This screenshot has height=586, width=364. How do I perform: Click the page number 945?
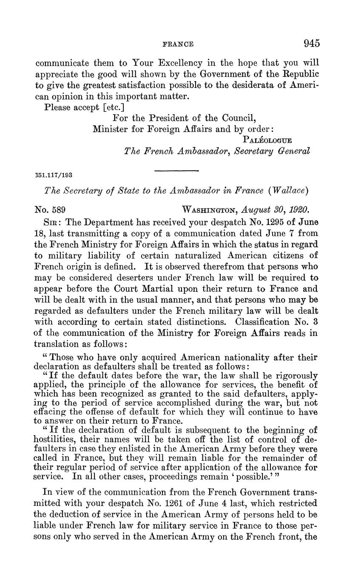[x=311, y=43]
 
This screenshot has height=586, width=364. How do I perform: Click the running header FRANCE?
[x=178, y=44]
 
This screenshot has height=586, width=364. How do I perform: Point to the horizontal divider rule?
[x=176, y=171]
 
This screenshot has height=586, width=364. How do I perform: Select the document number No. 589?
[x=49, y=210]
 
